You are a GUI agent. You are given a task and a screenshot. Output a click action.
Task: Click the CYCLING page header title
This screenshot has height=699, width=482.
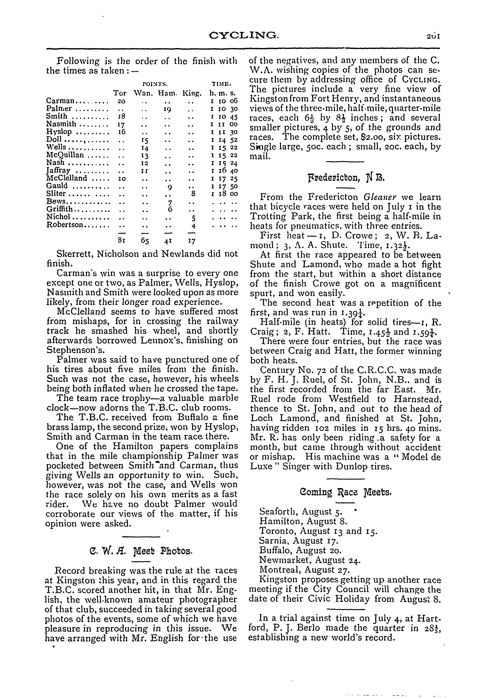244,36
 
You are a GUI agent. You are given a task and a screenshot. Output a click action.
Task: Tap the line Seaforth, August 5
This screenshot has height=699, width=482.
301,511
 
